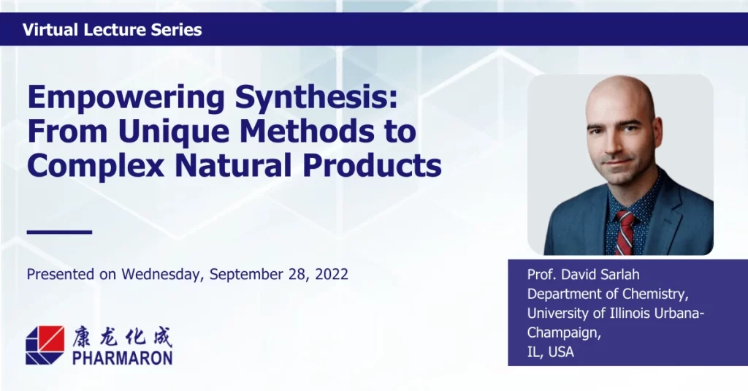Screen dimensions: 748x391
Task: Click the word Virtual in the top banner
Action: pos(50,30)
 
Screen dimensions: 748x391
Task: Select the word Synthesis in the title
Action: pos(316,97)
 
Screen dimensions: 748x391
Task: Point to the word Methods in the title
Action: pos(308,131)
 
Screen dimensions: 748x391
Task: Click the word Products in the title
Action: pos(372,165)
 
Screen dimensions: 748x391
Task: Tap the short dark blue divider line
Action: pos(59,232)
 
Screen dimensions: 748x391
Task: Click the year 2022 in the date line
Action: pos(332,274)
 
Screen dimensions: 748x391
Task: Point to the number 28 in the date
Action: pos(297,275)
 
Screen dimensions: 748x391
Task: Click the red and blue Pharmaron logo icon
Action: pos(45,345)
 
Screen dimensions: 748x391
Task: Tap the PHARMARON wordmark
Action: pos(123,357)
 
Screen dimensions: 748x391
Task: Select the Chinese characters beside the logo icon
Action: pos(122,337)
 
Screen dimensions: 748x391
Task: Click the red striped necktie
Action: pos(625,233)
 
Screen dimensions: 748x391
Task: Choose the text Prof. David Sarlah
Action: pos(584,275)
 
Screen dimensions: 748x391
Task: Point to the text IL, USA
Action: pos(551,352)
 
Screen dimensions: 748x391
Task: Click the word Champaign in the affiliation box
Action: pos(564,333)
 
